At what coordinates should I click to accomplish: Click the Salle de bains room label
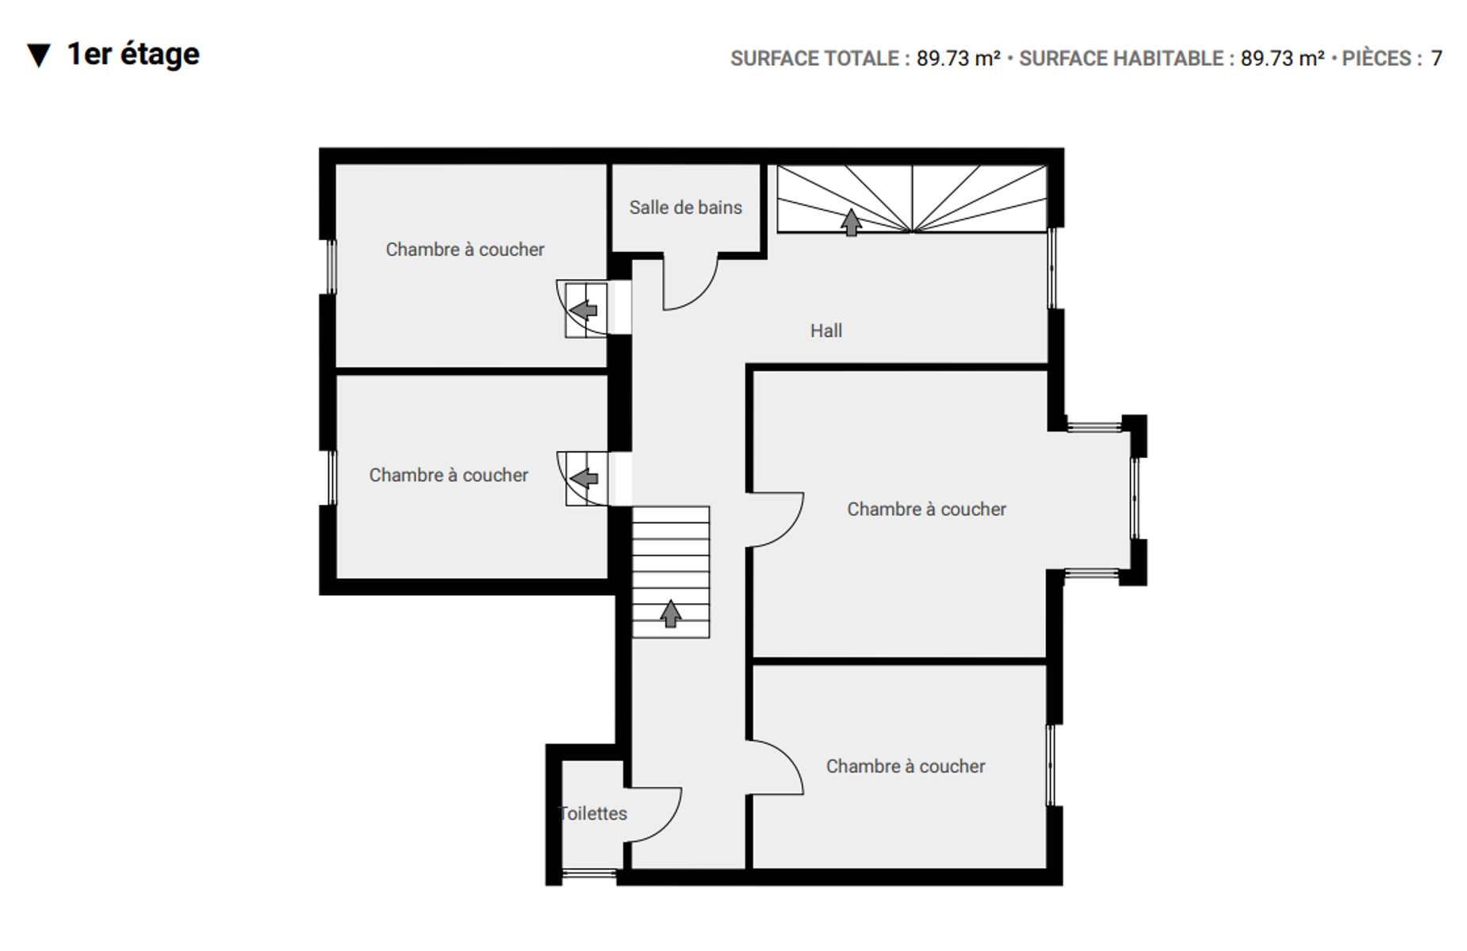pyautogui.click(x=685, y=208)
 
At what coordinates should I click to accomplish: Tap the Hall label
pyautogui.click(x=825, y=330)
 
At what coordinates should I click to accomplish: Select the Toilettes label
pyautogui.click(x=593, y=813)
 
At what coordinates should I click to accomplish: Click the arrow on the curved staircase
pyautogui.click(x=851, y=222)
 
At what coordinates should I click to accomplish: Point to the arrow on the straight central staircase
pyautogui.click(x=671, y=613)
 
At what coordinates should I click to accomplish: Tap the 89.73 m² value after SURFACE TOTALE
pyautogui.click(x=958, y=59)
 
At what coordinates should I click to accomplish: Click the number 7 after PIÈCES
pyautogui.click(x=1436, y=59)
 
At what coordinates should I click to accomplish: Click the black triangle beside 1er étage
pyautogui.click(x=39, y=55)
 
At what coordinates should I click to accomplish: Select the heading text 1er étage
pyautogui.click(x=133, y=54)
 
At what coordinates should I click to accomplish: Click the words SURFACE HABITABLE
pyautogui.click(x=1121, y=59)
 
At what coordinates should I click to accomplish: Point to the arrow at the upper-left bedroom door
pyautogui.click(x=584, y=309)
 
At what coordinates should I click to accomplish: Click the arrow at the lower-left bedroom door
pyautogui.click(x=584, y=478)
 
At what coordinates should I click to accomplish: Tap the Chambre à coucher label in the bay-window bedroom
pyautogui.click(x=926, y=509)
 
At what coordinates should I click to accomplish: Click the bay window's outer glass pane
pyautogui.click(x=1135, y=498)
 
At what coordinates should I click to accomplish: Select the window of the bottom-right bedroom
pyautogui.click(x=1051, y=765)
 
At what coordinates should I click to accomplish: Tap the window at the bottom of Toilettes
pyautogui.click(x=589, y=874)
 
